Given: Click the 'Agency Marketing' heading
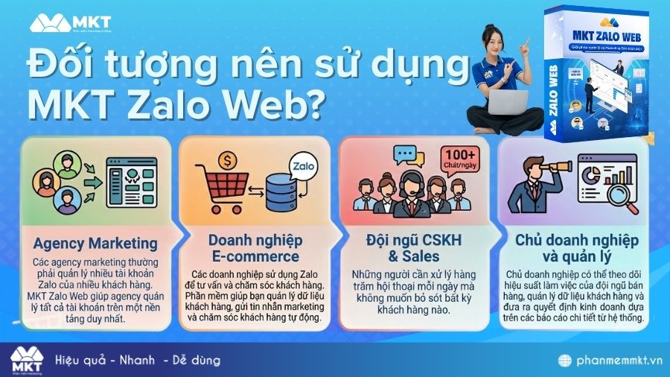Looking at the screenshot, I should pos(95,244).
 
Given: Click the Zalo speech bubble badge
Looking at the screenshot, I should pos(301,164).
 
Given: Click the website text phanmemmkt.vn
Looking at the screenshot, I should pos(615,361).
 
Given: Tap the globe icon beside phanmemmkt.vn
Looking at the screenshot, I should pos(567,361).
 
